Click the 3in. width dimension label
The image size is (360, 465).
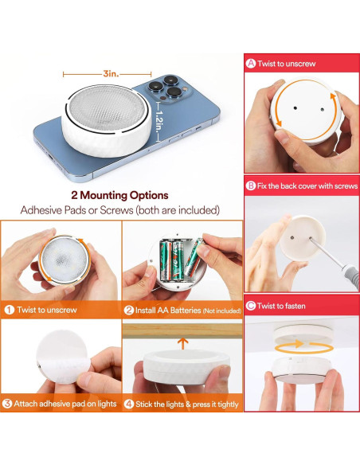(x=111, y=73)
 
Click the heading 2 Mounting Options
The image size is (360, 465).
(x=119, y=195)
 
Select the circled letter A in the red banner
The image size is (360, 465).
(x=251, y=63)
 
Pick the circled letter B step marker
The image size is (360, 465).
(x=251, y=186)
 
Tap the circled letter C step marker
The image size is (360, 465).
(x=251, y=306)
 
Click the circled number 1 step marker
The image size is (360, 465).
(x=10, y=310)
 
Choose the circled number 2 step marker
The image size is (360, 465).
(x=129, y=311)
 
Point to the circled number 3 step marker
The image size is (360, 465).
(x=7, y=404)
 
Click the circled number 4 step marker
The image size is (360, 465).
(x=129, y=404)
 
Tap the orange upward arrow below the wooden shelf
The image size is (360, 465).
(x=182, y=344)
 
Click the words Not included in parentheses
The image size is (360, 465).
(x=221, y=311)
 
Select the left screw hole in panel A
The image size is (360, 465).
(x=295, y=108)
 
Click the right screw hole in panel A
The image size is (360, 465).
(x=323, y=109)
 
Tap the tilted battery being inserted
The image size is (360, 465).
(x=194, y=257)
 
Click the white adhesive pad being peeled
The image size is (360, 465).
(x=63, y=357)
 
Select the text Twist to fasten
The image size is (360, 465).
(x=281, y=306)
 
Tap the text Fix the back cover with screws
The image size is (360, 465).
(x=307, y=186)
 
